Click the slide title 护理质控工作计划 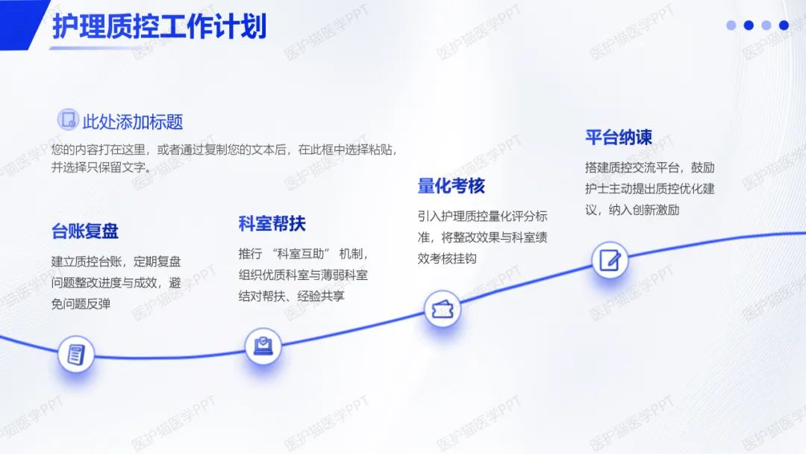pos(159,27)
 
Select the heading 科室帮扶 pos(272,223)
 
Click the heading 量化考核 pos(451,185)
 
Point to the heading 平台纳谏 pos(619,137)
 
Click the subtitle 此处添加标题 pos(133,122)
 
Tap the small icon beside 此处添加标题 pos(68,119)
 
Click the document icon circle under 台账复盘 pos(76,354)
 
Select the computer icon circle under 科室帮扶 pos(263,346)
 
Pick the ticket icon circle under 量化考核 pos(442,308)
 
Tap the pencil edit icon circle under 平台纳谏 pos(610,260)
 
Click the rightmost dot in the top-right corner pos(784,25)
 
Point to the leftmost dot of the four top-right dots pos(731,25)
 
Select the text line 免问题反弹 pos(81,304)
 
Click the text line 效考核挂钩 pos(447,258)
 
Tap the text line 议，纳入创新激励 pos(632,210)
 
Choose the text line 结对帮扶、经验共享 pos(292,296)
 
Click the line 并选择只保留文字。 pos(101,167)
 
